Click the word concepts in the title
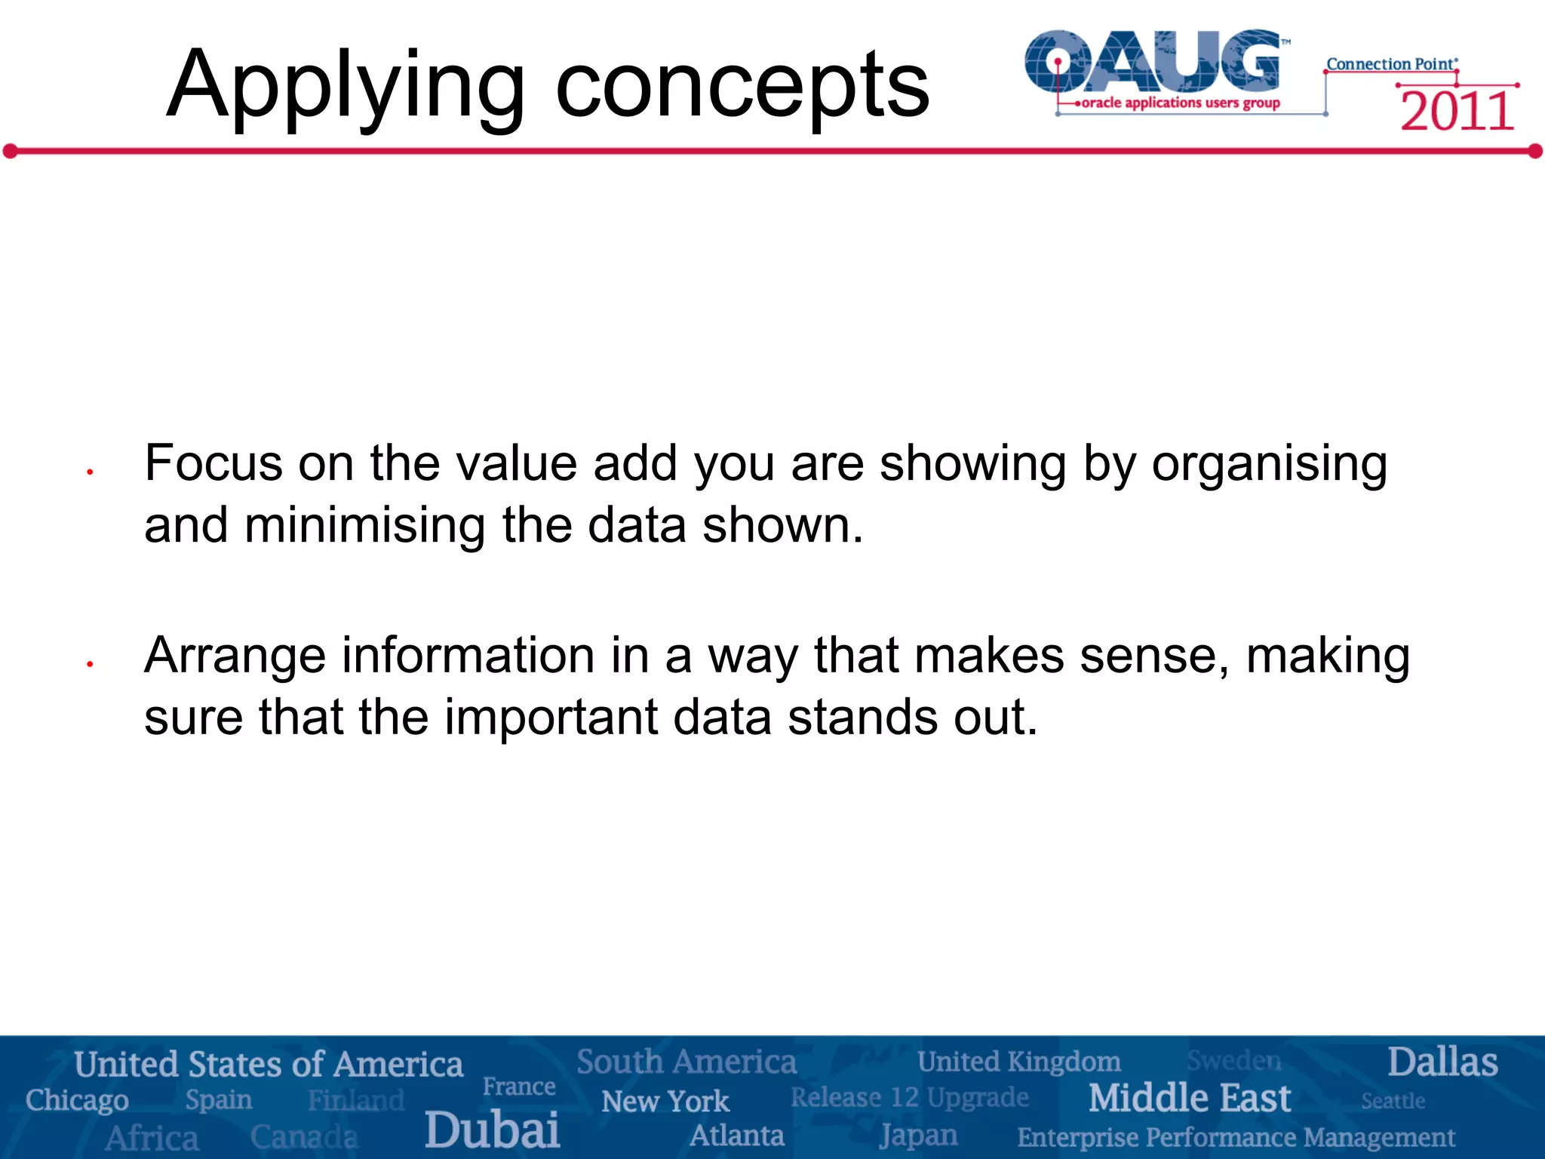[742, 87]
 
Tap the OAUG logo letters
[1153, 62]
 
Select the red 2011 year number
[1457, 112]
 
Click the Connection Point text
[1390, 64]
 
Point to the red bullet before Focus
[89, 472]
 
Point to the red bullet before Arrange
[89, 664]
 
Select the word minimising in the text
[364, 525]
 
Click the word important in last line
[551, 718]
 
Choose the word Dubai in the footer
[492, 1130]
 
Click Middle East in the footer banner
[1190, 1098]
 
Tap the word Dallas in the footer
[1442, 1062]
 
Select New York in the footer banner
[665, 1102]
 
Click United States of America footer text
[269, 1065]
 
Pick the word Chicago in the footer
[77, 1100]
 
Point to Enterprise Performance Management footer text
[1236, 1137]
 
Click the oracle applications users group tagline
[1180, 103]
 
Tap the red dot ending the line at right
[1535, 152]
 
